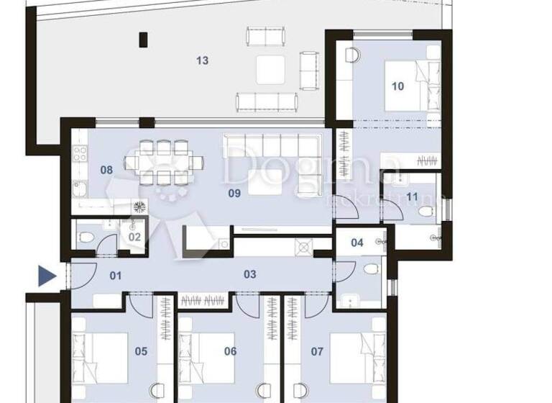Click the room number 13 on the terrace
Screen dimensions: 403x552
pyautogui.click(x=203, y=61)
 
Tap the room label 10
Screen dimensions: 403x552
pyautogui.click(x=397, y=86)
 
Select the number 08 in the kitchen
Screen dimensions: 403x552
pyautogui.click(x=106, y=171)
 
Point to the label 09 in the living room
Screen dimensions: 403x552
pyautogui.click(x=234, y=193)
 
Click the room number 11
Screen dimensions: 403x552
pyautogui.click(x=412, y=196)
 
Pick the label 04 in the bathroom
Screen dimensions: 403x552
pyautogui.click(x=357, y=243)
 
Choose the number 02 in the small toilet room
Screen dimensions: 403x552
pyautogui.click(x=134, y=237)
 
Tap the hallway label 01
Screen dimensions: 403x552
pyautogui.click(x=116, y=276)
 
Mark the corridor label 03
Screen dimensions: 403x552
pyautogui.click(x=250, y=274)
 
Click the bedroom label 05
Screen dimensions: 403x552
pyautogui.click(x=141, y=352)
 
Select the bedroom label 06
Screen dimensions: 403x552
pyautogui.click(x=230, y=352)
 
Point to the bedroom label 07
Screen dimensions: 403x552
pyautogui.click(x=317, y=352)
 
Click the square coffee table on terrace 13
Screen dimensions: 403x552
pyautogui.click(x=271, y=70)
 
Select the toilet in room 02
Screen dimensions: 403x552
pyautogui.click(x=85, y=237)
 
